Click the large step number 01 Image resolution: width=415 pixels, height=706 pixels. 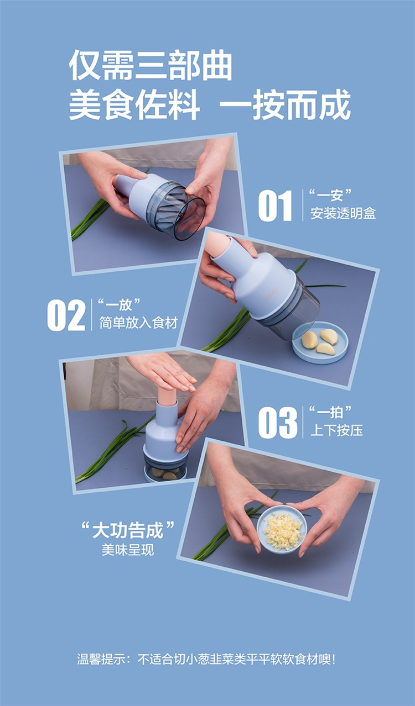[275, 206]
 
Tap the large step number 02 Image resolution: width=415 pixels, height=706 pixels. [66, 315]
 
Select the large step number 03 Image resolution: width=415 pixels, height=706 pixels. [278, 423]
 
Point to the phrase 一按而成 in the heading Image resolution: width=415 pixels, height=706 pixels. [286, 104]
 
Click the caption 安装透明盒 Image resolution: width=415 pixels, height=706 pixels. [343, 213]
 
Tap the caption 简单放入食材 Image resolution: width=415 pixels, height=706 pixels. [138, 323]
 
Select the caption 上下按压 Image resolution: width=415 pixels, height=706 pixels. [336, 430]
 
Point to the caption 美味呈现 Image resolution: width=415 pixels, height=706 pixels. [128, 550]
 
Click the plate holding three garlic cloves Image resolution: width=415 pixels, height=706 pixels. [320, 343]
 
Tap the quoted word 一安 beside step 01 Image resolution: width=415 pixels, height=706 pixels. [330, 195]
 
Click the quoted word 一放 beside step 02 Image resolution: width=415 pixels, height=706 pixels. [118, 305]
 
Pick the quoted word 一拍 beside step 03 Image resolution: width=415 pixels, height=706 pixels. [330, 412]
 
